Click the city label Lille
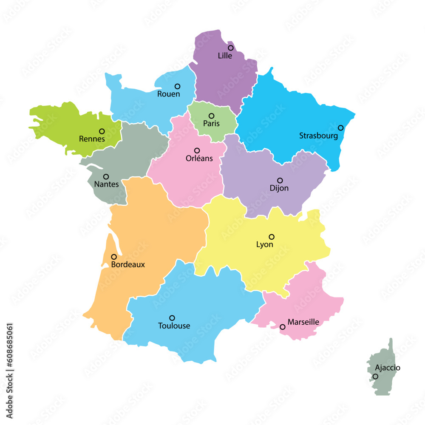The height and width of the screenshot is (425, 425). click(225, 56)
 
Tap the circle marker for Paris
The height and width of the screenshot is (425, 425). click(211, 116)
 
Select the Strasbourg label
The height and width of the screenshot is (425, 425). click(318, 136)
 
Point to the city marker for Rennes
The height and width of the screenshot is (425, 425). click(102, 131)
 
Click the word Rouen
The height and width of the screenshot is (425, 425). click(169, 94)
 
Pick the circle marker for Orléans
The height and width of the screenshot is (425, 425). click(197, 150)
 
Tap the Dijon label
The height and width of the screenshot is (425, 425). click(279, 188)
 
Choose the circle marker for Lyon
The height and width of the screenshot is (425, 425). click(272, 237)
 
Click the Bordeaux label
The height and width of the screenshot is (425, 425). click(127, 264)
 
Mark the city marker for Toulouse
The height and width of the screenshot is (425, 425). click(172, 318)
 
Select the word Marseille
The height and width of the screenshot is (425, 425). click(303, 322)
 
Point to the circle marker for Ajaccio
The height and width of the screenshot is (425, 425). click(375, 377)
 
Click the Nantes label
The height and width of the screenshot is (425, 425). click(106, 184)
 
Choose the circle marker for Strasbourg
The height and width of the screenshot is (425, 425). click(340, 127)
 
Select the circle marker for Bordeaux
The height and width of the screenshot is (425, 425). click(114, 257)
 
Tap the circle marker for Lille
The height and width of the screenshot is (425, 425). click(231, 48)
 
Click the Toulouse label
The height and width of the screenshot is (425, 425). click(174, 326)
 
